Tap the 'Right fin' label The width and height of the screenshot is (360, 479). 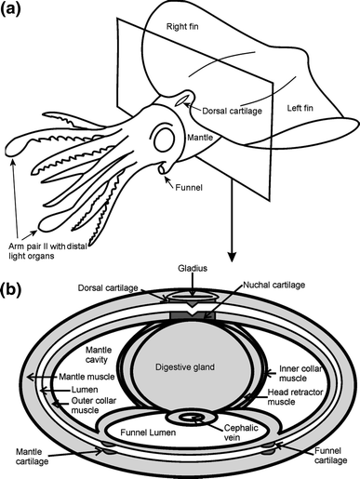click(182, 27)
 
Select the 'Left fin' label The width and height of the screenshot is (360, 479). click(300, 108)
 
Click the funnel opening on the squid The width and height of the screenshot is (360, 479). click(162, 169)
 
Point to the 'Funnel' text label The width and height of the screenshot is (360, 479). click(189, 188)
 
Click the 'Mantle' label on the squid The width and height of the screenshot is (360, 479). click(200, 138)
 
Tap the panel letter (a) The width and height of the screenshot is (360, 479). click(10, 8)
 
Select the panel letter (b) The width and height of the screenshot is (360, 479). click(11, 289)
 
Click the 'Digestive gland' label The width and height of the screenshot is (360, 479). click(185, 367)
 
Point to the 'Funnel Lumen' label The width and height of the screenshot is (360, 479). click(148, 432)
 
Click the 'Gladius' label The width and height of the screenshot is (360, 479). click(193, 268)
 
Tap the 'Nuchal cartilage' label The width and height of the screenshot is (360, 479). click(274, 285)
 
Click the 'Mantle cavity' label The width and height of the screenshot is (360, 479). click(99, 355)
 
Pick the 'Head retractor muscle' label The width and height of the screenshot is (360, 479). click(295, 397)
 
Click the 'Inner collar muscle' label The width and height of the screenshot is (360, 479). click(300, 374)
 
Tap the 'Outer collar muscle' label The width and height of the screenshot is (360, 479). click(94, 406)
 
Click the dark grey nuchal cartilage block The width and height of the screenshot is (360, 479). click(193, 315)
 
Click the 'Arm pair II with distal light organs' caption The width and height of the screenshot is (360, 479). click(48, 251)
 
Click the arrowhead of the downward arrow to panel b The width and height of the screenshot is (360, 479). click(231, 257)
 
